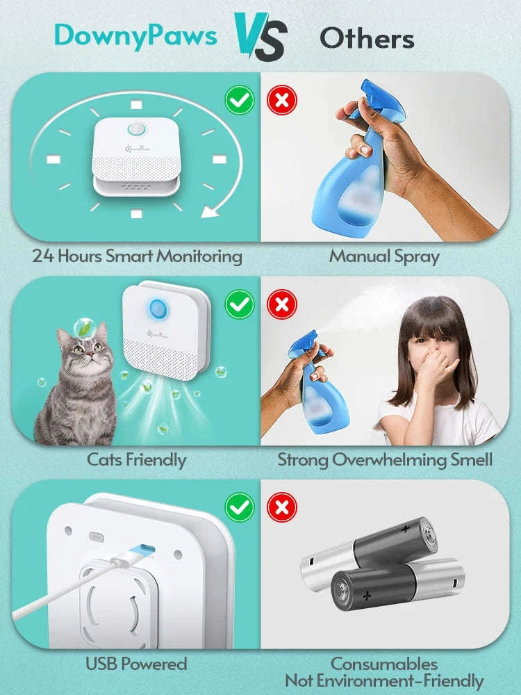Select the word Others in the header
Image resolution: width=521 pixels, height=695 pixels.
(367, 38)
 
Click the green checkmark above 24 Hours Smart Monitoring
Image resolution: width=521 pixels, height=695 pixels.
(240, 101)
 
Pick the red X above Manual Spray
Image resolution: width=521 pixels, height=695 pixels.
(282, 101)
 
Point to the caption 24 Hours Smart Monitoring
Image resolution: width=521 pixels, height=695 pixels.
(137, 256)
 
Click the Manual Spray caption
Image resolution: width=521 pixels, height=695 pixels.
(384, 256)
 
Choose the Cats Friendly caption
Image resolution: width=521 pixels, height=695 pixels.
(136, 459)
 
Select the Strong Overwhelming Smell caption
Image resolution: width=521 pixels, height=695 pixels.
(385, 459)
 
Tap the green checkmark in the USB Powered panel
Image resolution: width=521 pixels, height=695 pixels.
(240, 508)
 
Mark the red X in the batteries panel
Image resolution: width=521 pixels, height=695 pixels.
(282, 508)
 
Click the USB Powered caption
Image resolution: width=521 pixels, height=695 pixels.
(136, 664)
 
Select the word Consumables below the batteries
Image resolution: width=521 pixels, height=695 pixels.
(384, 664)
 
